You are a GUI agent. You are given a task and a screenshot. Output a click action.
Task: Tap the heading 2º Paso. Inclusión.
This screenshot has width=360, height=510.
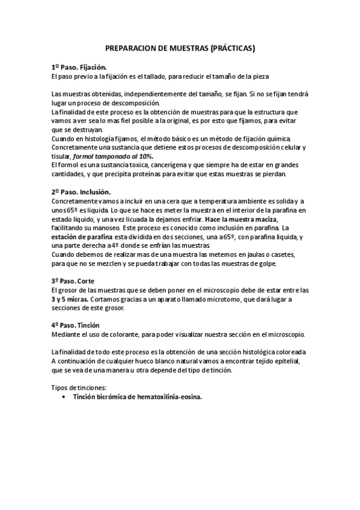[81, 191]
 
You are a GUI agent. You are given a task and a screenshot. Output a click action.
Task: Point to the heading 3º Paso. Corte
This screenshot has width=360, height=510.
[73, 281]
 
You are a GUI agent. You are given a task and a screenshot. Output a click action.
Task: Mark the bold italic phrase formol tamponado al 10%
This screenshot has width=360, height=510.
[113, 156]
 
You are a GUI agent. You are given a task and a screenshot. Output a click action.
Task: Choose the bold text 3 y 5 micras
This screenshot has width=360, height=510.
[70, 299]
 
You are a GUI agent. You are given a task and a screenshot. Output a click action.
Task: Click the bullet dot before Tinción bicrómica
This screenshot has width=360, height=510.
[64, 397]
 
